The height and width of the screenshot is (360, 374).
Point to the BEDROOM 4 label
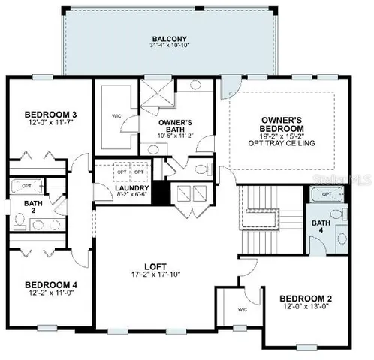(x=47, y=284)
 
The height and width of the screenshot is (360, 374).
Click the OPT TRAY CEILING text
(x=282, y=142)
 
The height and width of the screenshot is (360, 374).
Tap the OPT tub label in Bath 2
(x=26, y=184)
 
